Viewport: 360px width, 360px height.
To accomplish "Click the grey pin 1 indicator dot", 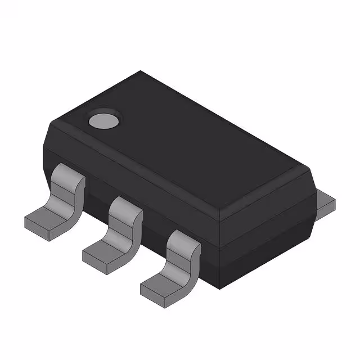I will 105,119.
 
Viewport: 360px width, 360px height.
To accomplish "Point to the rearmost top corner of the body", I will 141,72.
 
